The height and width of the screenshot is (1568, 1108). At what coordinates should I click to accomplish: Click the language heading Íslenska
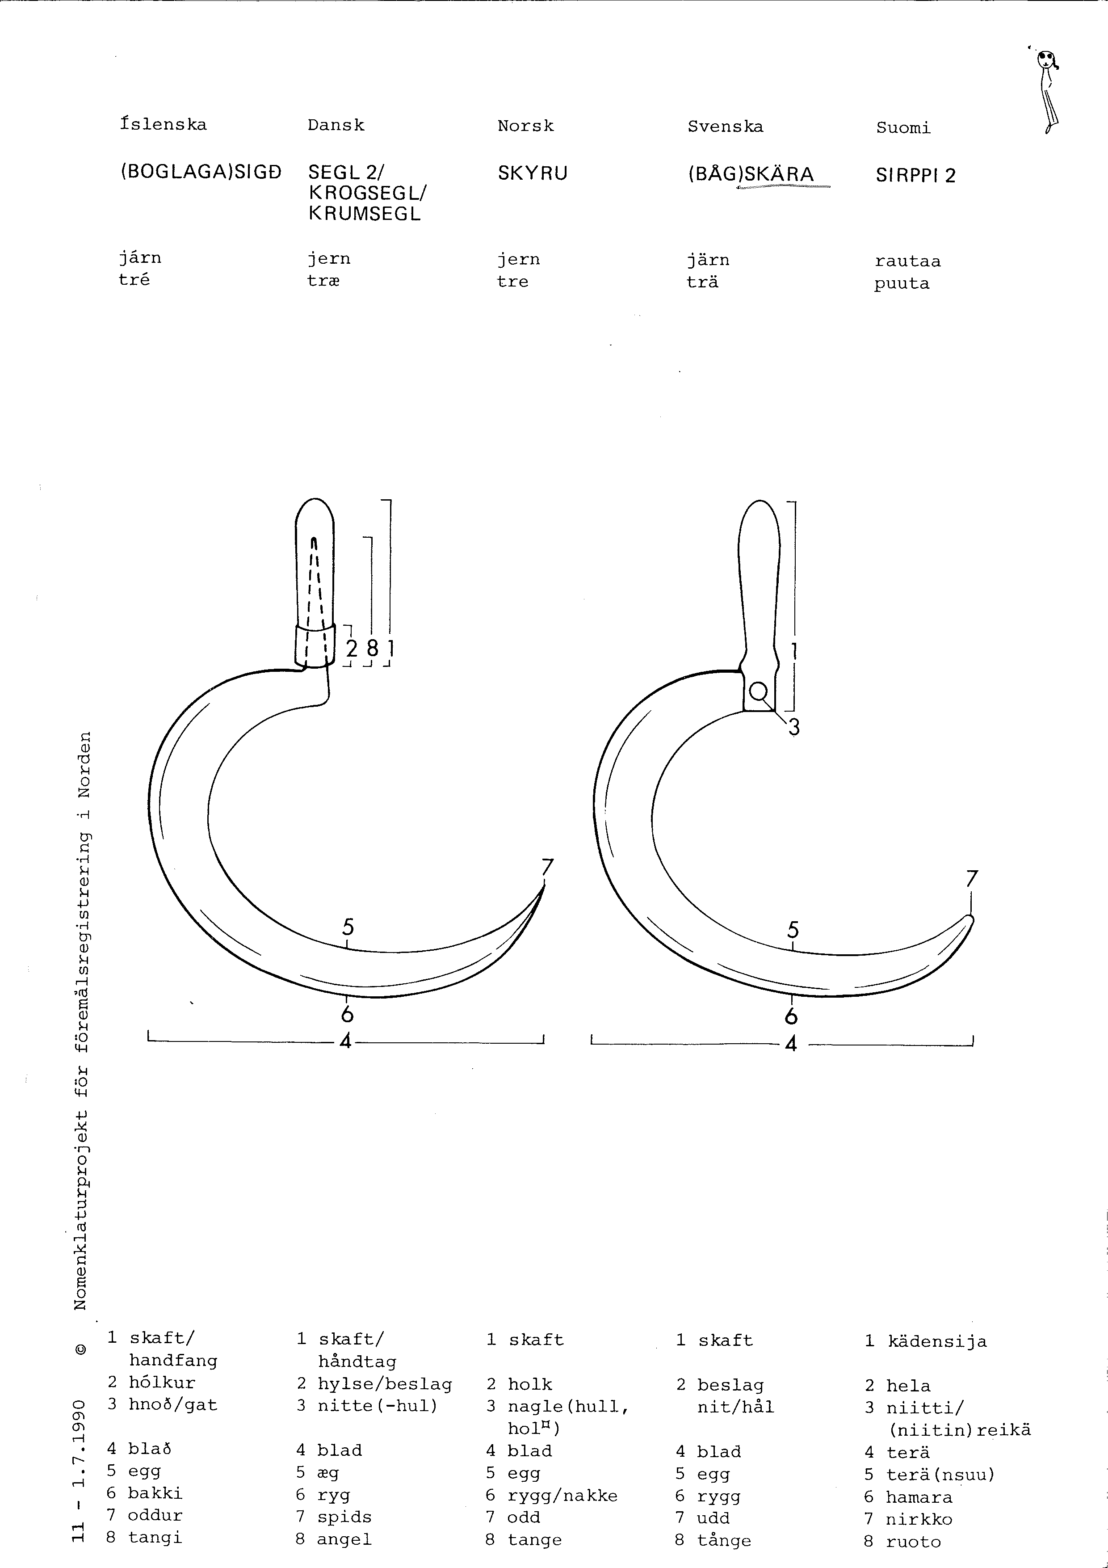(163, 124)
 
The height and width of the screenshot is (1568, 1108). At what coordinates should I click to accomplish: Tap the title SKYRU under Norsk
(533, 173)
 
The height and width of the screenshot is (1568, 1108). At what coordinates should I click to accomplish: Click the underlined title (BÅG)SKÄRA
(751, 175)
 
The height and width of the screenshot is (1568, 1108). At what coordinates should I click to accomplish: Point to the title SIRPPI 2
(915, 176)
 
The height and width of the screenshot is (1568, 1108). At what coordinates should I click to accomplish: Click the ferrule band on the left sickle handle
(315, 644)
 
